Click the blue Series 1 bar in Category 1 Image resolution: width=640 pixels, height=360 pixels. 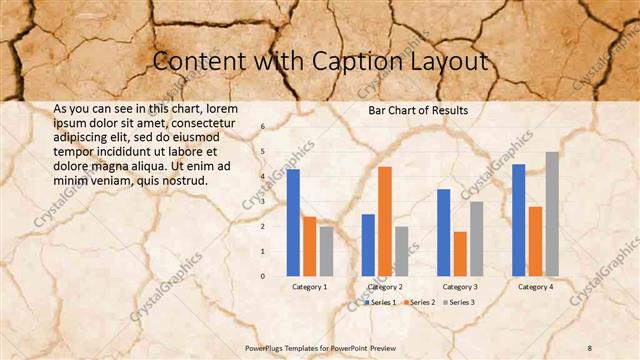point(293,222)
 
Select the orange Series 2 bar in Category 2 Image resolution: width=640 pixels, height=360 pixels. point(385,220)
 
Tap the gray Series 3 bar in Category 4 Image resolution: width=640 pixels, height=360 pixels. point(552,213)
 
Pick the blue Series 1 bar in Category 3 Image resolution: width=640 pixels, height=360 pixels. point(444,232)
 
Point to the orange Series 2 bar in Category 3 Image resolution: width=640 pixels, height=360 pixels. point(460,253)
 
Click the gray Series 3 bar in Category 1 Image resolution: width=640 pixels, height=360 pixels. point(326,250)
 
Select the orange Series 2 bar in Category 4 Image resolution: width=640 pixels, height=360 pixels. point(535,240)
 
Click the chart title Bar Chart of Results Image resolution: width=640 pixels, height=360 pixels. point(418,110)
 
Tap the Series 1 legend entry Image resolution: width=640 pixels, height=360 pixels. point(381,302)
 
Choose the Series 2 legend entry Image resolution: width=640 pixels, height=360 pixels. point(419,302)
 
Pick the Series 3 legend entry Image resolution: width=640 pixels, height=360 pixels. point(458,302)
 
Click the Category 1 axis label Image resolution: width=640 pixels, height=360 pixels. point(309,287)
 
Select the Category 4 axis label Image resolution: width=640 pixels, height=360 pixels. point(535,287)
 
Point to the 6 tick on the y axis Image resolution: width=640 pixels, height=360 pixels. point(263,127)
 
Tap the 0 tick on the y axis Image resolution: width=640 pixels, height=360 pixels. point(263,276)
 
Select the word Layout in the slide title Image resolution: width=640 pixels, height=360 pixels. point(447,62)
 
